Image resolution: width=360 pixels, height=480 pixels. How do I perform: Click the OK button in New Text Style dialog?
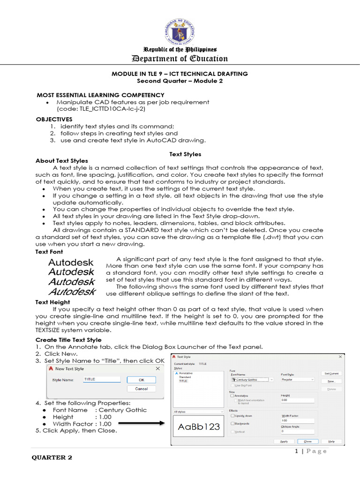tap(141, 380)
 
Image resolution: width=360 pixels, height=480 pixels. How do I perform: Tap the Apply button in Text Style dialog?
tap(284, 441)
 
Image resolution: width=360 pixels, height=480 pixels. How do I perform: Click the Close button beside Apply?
tap(307, 441)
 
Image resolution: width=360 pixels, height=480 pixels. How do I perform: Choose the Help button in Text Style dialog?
tap(331, 441)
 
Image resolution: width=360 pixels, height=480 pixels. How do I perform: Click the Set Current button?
tap(331, 373)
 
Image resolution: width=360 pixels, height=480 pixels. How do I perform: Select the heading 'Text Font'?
tap(49, 252)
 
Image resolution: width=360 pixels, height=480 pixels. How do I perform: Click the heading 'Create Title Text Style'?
tap(68, 339)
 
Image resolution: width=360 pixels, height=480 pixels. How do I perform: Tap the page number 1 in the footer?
tap(297, 451)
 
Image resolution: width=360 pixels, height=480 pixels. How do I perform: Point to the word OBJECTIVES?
tap(54, 119)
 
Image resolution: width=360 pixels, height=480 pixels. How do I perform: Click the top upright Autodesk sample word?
tap(71, 262)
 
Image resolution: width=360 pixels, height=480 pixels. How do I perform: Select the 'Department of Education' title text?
tap(180, 59)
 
